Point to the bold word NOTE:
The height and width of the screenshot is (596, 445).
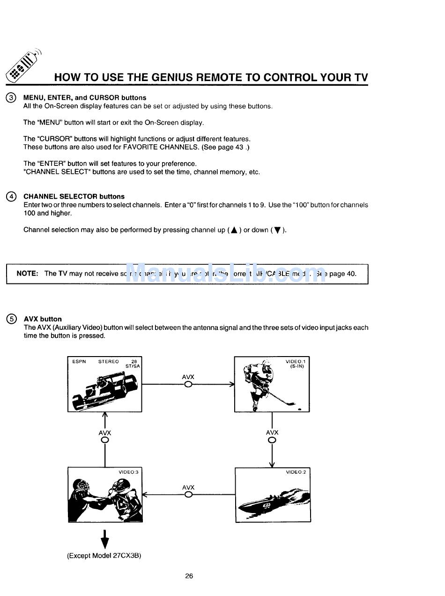27,274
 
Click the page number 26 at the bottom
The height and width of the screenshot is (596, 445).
189,576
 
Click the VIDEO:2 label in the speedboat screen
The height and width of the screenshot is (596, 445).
296,472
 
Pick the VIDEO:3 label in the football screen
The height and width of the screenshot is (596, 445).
128,472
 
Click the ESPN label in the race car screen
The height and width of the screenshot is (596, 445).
79,361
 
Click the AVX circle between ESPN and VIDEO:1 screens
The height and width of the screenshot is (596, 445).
188,384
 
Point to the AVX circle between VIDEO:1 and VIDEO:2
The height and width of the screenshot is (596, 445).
272,440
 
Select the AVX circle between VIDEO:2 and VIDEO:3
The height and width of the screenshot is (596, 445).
188,495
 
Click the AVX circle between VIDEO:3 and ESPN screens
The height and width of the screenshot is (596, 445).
105,440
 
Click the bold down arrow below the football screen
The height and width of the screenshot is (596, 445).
105,539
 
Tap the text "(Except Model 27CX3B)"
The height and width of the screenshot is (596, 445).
104,556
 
